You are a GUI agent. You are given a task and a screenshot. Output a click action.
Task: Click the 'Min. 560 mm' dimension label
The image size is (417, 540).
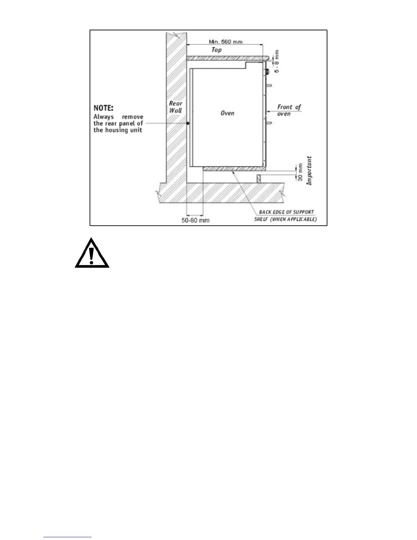point(226,42)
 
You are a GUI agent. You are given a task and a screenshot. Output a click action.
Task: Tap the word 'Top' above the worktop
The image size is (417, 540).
point(217,50)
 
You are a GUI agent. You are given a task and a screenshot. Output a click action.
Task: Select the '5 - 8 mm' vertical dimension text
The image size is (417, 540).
point(277,61)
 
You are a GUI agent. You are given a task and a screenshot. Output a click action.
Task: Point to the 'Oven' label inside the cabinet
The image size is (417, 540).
point(227,113)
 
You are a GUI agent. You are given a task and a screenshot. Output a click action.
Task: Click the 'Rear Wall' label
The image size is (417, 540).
point(176,107)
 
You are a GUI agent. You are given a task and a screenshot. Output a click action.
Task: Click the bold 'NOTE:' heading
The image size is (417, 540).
point(104,108)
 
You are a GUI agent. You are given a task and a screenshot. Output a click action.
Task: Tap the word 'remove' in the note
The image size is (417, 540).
point(133,117)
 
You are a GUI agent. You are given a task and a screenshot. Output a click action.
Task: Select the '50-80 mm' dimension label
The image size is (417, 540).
point(196,220)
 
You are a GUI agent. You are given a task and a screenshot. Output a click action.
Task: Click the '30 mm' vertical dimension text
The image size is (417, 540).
point(300,172)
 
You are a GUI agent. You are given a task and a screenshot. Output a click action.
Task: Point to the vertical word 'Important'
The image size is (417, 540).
point(309,170)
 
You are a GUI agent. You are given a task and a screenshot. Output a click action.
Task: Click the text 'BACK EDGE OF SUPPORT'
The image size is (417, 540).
point(286,212)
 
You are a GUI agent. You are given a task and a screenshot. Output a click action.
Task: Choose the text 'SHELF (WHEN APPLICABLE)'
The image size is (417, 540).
point(285,219)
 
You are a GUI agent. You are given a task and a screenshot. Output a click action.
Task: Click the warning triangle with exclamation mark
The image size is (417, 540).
point(92,253)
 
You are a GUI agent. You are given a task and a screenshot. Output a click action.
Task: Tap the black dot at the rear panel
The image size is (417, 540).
point(188,123)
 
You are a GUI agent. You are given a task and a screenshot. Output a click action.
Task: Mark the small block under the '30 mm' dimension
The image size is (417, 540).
point(259,179)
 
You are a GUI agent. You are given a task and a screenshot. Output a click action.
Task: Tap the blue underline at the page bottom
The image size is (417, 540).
point(67,537)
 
